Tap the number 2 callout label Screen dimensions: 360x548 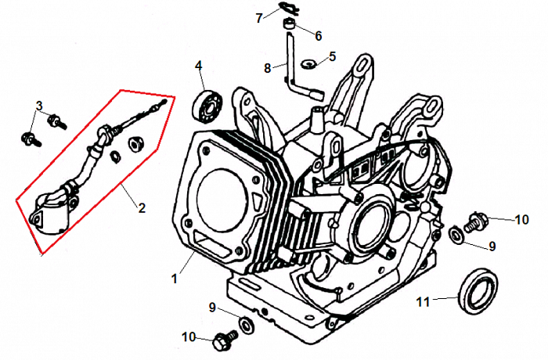[142, 208]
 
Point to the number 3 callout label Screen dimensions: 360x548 [38, 106]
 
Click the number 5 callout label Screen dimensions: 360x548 [332, 56]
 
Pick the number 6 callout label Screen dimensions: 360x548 [319, 36]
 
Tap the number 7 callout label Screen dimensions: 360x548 [259, 18]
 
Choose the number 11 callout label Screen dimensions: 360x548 [423, 301]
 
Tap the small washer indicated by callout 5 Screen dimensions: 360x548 [308, 61]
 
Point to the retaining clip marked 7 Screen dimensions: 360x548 [287, 10]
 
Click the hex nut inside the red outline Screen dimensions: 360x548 [134, 143]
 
